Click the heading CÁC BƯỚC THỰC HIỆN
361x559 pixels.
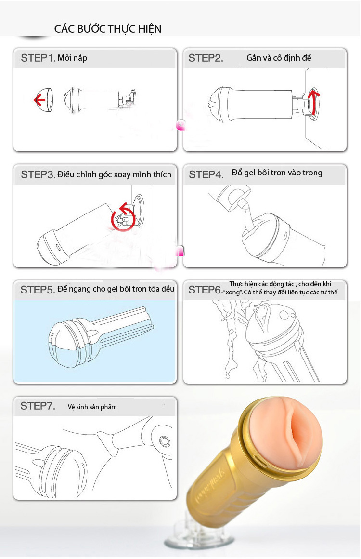[x=107, y=29]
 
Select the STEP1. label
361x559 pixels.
[x=38, y=58]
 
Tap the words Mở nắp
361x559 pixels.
[x=72, y=58]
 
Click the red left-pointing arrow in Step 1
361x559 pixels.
[x=39, y=100]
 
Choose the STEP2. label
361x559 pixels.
[x=206, y=58]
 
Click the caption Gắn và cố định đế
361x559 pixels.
[x=279, y=58]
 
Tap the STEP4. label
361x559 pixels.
[x=206, y=174]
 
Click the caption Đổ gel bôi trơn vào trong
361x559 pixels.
[x=277, y=173]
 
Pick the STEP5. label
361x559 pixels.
[x=38, y=290]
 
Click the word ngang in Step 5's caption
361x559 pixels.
[x=80, y=289]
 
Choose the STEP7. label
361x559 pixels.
[x=38, y=406]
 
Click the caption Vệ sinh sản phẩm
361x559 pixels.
[x=92, y=407]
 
